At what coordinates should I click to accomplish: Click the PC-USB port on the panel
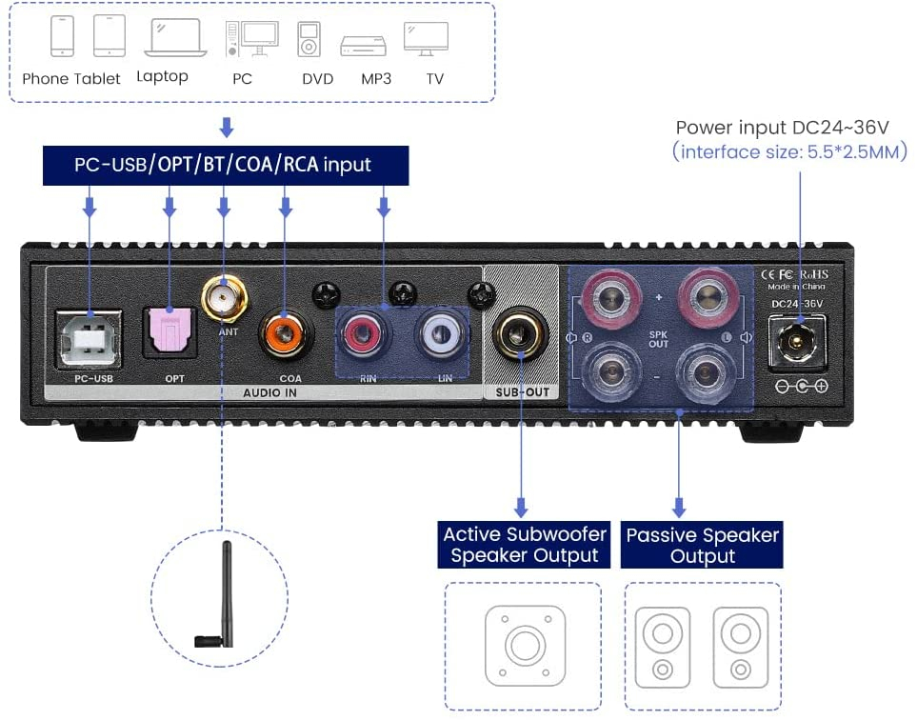90,338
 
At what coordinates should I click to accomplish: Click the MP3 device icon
363,45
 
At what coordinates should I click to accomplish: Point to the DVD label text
318,79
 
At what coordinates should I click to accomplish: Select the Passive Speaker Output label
702,546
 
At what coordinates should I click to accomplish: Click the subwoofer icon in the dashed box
522,646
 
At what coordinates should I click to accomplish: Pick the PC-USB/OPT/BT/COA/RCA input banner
226,165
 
